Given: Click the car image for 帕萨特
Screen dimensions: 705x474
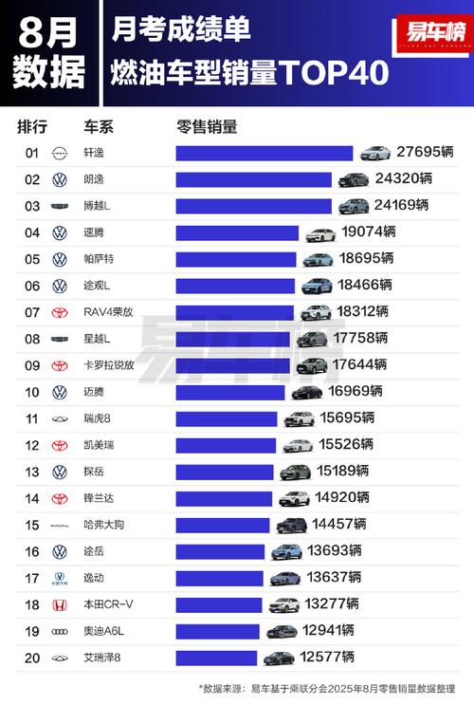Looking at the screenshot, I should tap(319, 259).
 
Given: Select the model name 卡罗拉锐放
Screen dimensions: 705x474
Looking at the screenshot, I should tap(109, 365).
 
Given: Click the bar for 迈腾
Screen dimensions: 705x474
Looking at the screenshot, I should tap(230, 392).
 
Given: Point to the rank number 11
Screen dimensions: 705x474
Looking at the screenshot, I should tap(32, 418).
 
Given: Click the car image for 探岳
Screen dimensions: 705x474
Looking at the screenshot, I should tap(295, 472).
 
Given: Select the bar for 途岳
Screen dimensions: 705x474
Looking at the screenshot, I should tap(220, 551).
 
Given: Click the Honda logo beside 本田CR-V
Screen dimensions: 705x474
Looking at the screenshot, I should tap(59, 604).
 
